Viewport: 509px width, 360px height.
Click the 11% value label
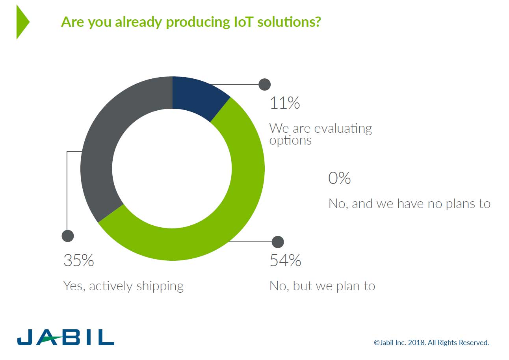pos(284,103)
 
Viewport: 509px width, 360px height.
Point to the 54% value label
pos(285,260)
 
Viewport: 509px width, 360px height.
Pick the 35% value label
pos(79,260)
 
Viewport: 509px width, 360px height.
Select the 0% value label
pos(339,178)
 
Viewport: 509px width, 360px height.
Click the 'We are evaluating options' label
pos(320,134)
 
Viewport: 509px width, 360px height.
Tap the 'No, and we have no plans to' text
pos(409,204)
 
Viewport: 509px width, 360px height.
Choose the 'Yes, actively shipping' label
pos(123,286)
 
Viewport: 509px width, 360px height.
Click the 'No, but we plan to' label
pos(322,286)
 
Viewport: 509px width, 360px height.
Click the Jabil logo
pos(65,337)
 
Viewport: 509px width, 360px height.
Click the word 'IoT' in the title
pos(242,22)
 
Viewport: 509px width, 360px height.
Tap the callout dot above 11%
pos(264,84)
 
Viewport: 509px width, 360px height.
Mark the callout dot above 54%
pos(278,242)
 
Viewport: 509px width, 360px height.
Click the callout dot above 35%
pos(68,236)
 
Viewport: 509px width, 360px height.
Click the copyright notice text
pos(431,342)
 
